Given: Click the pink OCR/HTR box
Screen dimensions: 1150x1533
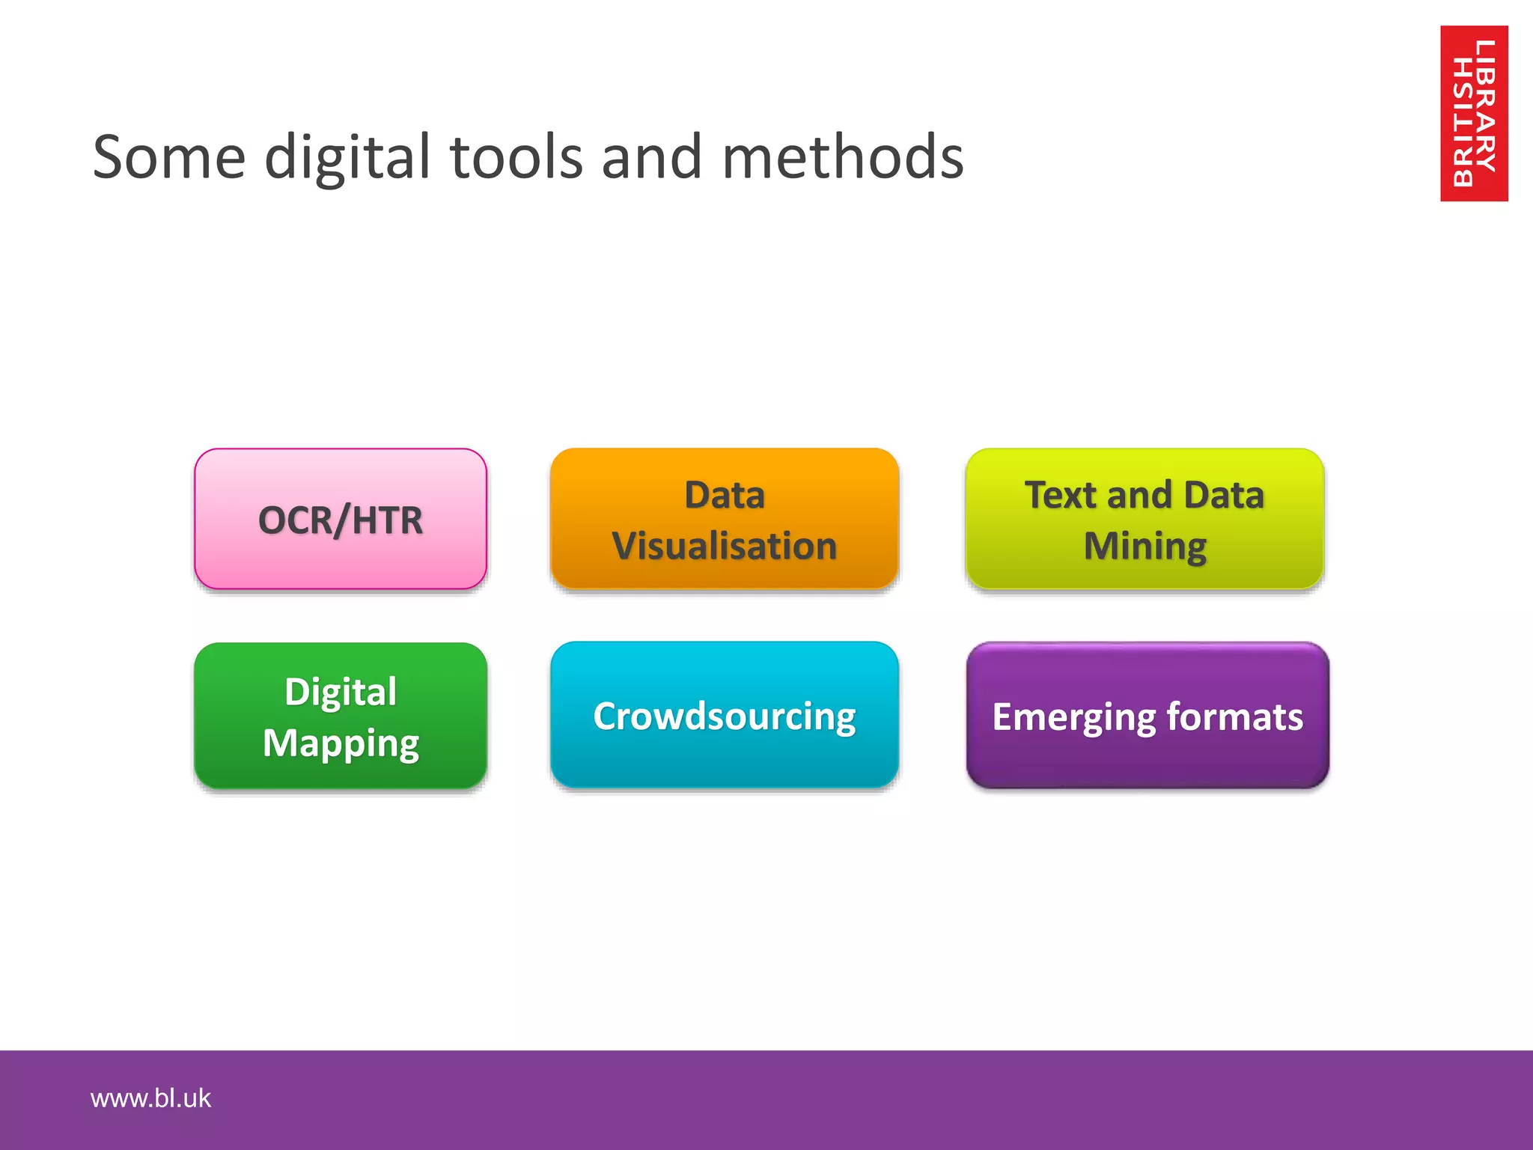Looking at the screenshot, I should (341, 519).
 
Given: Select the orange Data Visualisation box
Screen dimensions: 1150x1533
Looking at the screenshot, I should (724, 519).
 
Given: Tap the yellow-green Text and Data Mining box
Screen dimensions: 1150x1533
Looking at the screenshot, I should (1145, 519).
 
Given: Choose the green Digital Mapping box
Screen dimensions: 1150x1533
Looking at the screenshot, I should (341, 716).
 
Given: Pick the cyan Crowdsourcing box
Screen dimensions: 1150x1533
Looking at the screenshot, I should (724, 715).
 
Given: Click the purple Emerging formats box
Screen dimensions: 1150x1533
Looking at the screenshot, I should (1148, 716).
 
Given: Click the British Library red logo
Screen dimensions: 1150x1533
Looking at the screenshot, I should (1473, 113).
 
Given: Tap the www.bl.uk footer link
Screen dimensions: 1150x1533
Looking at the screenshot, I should (150, 1098).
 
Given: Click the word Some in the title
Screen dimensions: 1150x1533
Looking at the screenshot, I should (169, 157).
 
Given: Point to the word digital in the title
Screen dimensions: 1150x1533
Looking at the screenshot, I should (348, 159).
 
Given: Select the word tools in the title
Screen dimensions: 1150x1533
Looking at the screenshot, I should (516, 157).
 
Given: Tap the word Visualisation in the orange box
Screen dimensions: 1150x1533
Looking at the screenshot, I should (724, 545).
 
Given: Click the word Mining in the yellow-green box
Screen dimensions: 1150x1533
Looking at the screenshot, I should (1145, 547).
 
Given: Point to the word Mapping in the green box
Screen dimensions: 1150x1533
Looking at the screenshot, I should (341, 743).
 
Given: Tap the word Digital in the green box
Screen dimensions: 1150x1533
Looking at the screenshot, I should (341, 691).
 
